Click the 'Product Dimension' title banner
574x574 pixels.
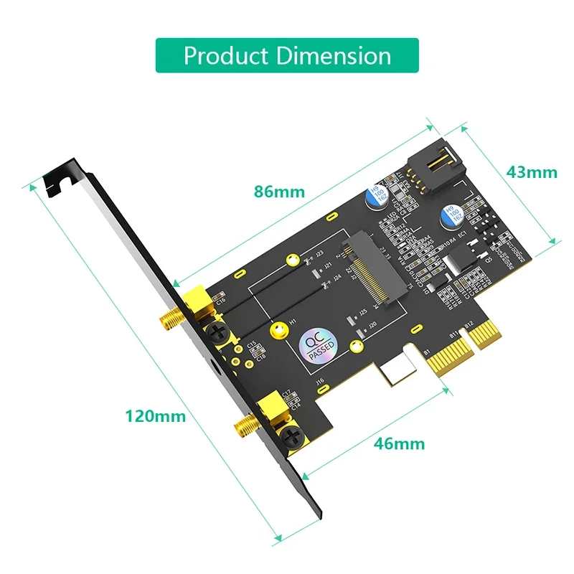(x=287, y=55)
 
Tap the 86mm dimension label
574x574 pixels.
(x=279, y=192)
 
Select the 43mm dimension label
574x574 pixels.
(x=531, y=172)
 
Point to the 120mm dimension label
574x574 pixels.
(x=155, y=415)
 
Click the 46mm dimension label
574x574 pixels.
(x=399, y=443)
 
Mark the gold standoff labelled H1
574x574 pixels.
(x=276, y=329)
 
